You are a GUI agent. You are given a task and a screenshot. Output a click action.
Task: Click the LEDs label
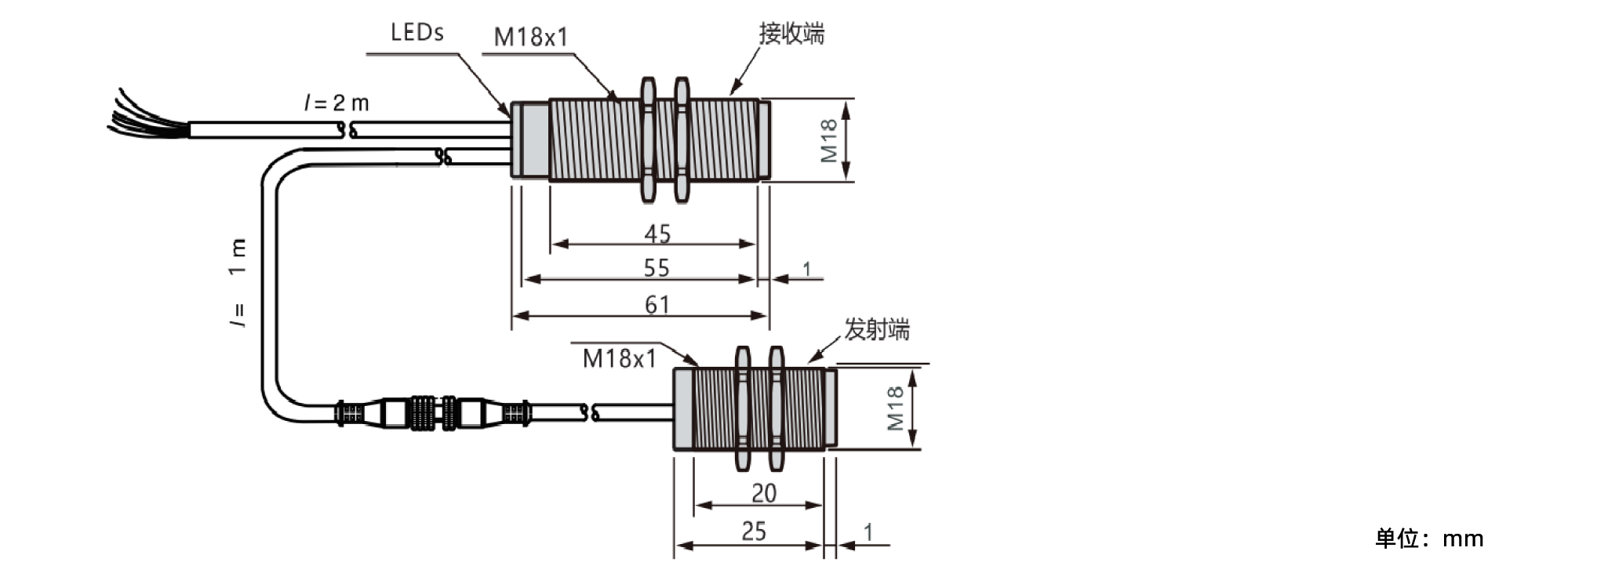click(x=417, y=32)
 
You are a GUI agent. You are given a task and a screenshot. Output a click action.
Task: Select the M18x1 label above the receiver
click(x=531, y=37)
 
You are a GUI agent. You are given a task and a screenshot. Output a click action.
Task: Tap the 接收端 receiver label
click(x=791, y=34)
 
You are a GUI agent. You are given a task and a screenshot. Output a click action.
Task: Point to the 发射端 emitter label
click(x=877, y=329)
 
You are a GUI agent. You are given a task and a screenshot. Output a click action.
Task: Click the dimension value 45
click(x=657, y=234)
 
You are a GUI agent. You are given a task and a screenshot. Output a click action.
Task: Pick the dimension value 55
click(x=657, y=268)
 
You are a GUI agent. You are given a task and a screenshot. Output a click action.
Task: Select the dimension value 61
click(x=657, y=304)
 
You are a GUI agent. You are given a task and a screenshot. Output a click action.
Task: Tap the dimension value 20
click(x=764, y=493)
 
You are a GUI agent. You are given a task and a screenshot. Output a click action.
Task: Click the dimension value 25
click(x=754, y=531)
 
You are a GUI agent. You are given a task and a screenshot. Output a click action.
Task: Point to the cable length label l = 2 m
click(x=336, y=103)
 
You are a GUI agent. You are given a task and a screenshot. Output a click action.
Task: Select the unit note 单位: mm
click(x=1429, y=539)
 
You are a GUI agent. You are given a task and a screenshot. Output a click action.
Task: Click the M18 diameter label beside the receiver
click(x=829, y=141)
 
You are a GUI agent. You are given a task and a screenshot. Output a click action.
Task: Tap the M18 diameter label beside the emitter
click(x=895, y=408)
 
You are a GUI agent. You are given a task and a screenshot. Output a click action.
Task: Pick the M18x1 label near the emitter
click(x=620, y=359)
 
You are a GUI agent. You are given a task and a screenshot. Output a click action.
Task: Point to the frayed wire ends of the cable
click(x=147, y=115)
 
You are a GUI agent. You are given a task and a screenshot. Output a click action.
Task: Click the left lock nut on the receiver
click(x=648, y=140)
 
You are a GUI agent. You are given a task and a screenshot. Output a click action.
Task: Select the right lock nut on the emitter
click(x=777, y=408)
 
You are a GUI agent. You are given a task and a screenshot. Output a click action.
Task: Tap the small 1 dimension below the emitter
click(x=868, y=532)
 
